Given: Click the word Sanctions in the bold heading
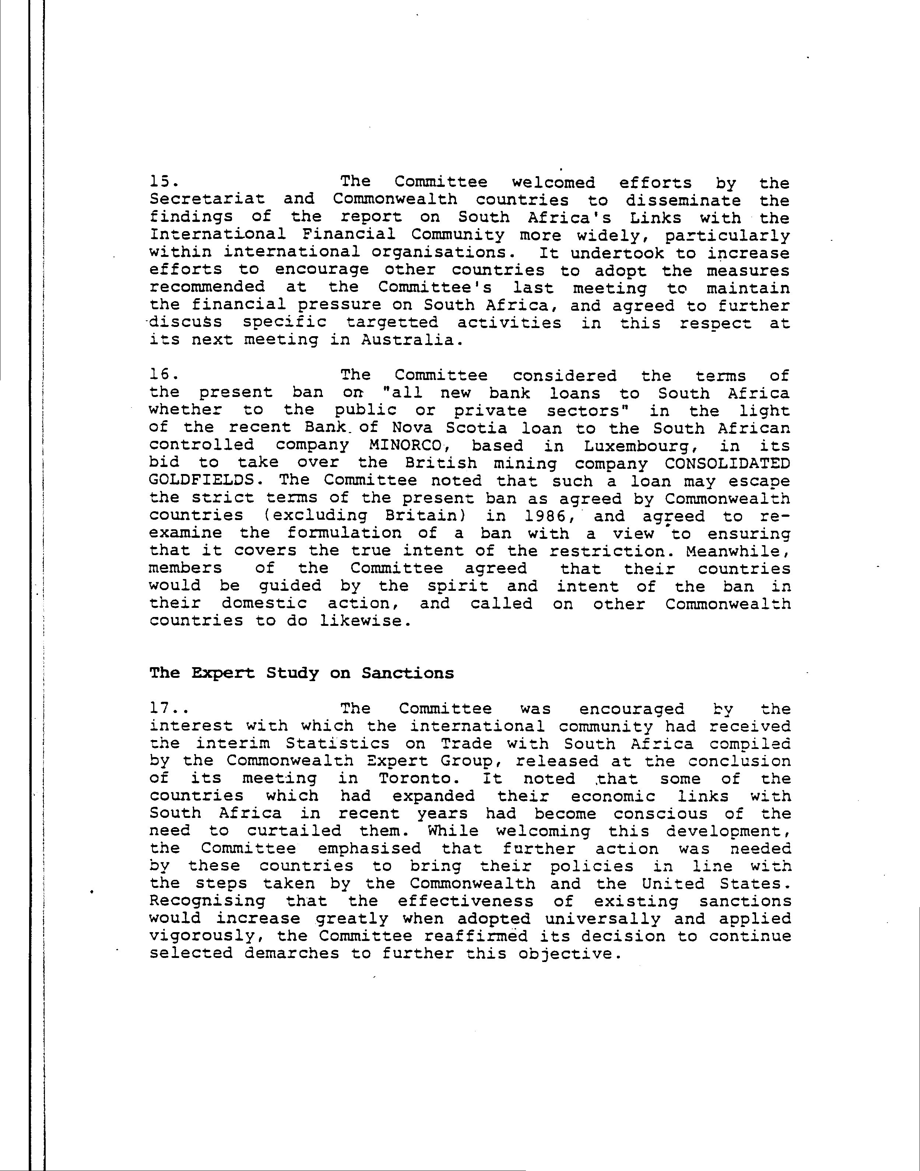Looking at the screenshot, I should point(408,673).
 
